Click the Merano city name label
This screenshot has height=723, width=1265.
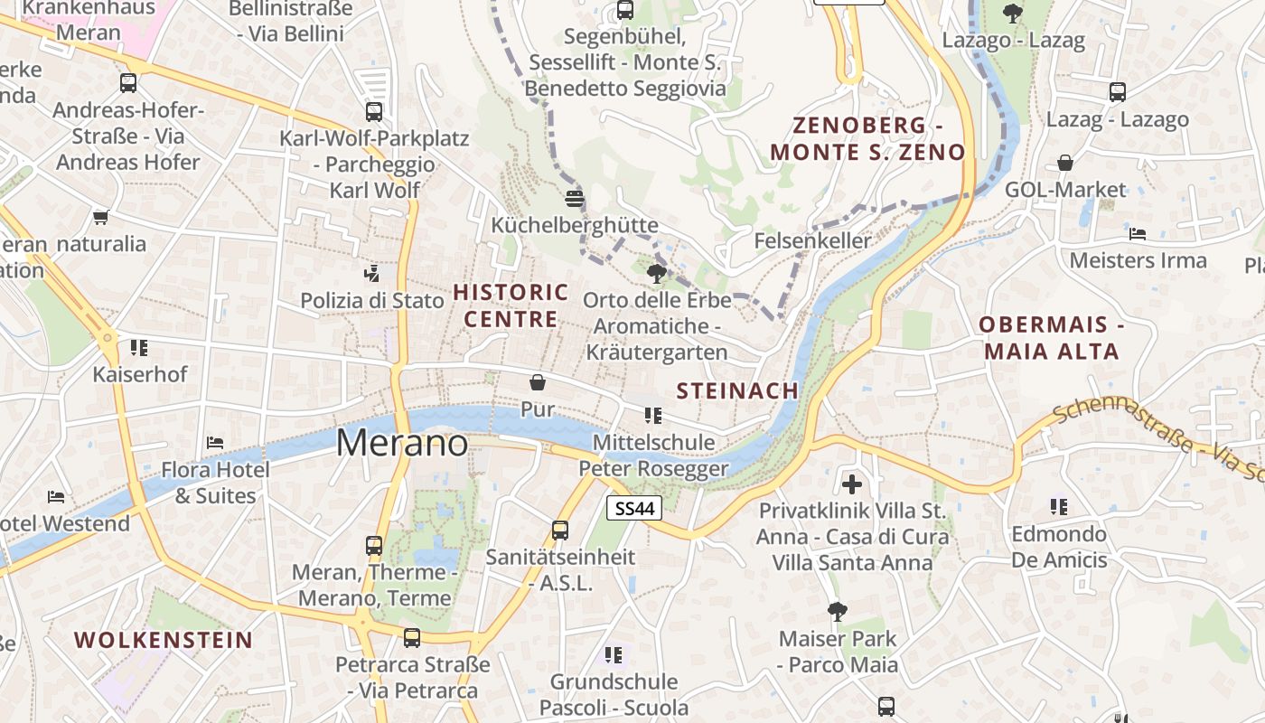pos(402,443)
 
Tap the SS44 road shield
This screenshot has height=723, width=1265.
pos(634,508)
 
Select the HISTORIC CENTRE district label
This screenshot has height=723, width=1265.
pos(511,305)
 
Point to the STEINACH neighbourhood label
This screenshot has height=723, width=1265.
pos(737,390)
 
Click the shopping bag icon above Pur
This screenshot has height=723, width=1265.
pos(538,382)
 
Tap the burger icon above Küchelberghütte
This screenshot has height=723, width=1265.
pos(575,197)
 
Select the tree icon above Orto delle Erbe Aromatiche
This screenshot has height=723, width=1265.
pos(656,273)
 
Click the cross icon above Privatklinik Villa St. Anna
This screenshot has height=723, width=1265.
pos(851,484)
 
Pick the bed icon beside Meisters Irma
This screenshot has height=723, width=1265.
pos(1138,233)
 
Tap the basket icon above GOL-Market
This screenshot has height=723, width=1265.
pos(1065,163)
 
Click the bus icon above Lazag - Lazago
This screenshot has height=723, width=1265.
pos(1118,91)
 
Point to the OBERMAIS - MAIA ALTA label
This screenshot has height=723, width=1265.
pos(1052,337)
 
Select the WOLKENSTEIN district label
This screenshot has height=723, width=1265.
pos(164,640)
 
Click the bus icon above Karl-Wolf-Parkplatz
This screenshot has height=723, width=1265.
pos(374,111)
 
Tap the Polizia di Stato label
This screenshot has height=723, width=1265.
pos(372,300)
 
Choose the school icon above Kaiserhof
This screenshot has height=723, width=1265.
pos(138,347)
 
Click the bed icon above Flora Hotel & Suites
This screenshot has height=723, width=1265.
pos(215,442)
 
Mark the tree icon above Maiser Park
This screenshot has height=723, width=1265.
pos(838,612)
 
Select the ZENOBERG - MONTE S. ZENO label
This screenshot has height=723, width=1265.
pos(868,138)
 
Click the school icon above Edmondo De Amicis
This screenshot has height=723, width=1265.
pos(1058,506)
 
